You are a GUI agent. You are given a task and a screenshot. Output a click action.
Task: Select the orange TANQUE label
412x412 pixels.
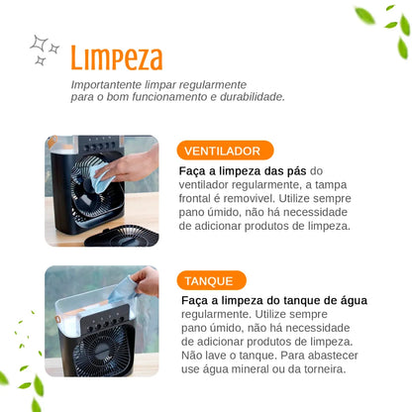point(211,280)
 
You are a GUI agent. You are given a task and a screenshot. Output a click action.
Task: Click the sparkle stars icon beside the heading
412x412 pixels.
point(45,50)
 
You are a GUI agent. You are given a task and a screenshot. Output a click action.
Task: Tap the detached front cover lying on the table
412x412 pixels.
point(120,235)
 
